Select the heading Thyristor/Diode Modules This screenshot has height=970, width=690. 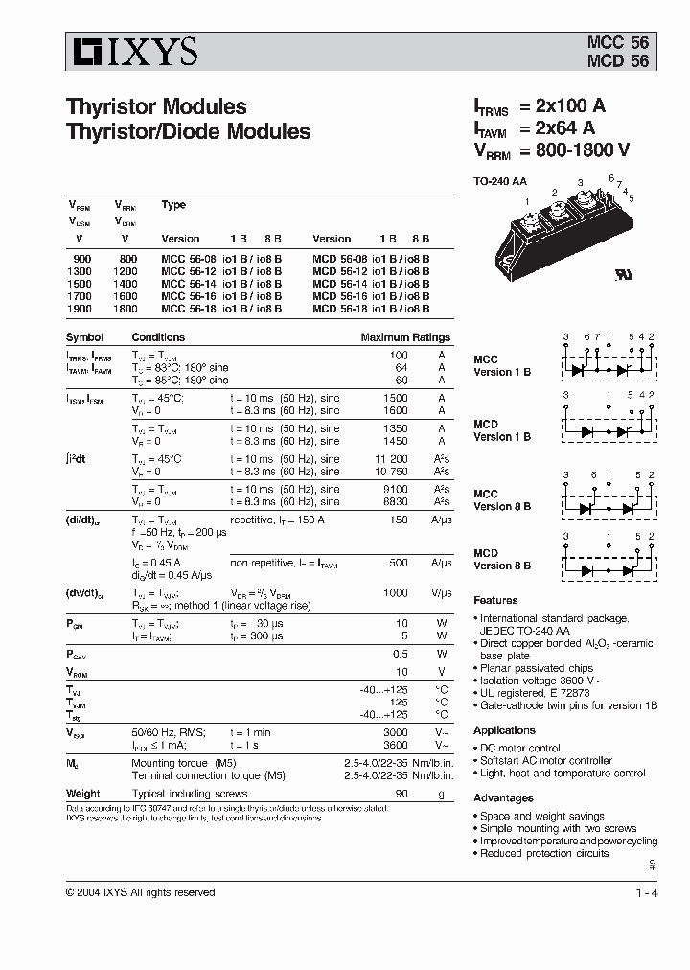click(x=188, y=132)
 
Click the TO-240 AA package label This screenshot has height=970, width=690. click(x=500, y=182)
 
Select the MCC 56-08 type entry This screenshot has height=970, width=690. click(x=185, y=259)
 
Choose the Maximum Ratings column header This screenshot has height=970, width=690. click(x=404, y=337)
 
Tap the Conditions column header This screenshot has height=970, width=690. click(x=158, y=337)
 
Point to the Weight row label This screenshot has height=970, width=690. click(x=82, y=794)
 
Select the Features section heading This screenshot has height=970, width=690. click(x=495, y=600)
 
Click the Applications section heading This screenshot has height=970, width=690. click(x=504, y=730)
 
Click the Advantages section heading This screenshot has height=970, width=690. click(x=503, y=797)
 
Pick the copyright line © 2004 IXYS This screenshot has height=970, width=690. click(x=140, y=892)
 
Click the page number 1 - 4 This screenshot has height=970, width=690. click(x=646, y=894)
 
